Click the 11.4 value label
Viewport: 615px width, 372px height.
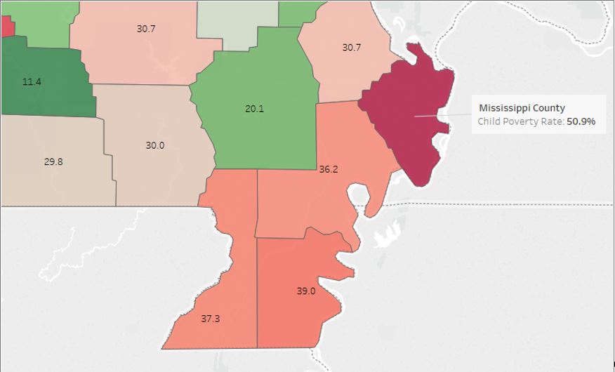(x=32, y=82)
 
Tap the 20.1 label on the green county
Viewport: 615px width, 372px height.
(x=254, y=109)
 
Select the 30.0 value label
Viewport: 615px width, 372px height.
(x=154, y=145)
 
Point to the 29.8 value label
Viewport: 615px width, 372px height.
(x=53, y=161)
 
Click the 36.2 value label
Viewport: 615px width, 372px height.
(x=329, y=169)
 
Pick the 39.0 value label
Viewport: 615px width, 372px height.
(x=306, y=291)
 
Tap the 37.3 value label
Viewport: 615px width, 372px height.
(x=211, y=319)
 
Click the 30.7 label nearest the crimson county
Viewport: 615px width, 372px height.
(x=351, y=48)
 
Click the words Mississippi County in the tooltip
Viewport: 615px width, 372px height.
(x=522, y=108)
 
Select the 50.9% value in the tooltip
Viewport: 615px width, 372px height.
(x=581, y=121)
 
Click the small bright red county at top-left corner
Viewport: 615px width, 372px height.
(x=6, y=27)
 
